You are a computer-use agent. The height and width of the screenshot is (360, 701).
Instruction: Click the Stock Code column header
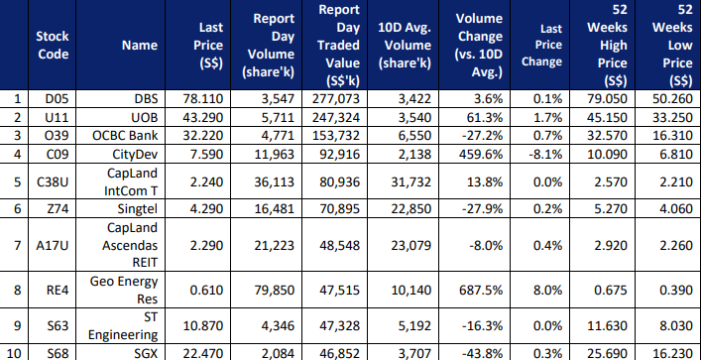53,45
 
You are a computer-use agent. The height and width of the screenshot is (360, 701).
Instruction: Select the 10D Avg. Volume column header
405,45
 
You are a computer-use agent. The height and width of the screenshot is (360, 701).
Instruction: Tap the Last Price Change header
541,45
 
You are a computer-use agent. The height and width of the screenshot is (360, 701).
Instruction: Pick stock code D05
54,98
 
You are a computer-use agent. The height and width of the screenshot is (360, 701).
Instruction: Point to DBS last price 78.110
202,98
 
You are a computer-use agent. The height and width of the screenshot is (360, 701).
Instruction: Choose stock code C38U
53,182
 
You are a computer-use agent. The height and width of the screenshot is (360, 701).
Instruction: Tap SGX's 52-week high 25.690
607,354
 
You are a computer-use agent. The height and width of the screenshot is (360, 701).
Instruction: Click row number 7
17,245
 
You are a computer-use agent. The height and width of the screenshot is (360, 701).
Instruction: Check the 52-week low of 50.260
672,98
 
